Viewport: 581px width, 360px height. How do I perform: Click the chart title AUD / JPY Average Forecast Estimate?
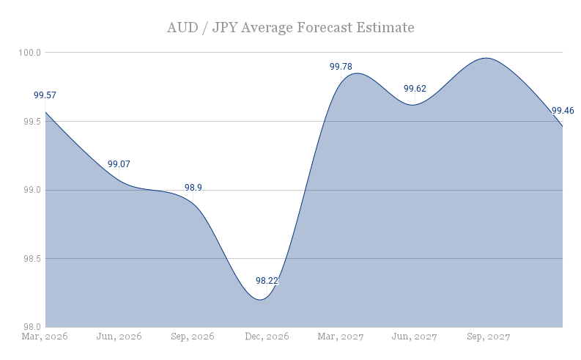[290, 28]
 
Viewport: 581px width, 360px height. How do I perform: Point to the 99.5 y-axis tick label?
[32, 122]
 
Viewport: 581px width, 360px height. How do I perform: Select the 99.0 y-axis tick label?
[32, 190]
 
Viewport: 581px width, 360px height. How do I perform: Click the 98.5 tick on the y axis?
[32, 259]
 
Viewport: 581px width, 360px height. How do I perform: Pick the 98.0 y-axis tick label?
[32, 327]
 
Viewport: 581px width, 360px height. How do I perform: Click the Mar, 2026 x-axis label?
[45, 337]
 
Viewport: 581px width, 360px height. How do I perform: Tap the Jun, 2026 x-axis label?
[119, 337]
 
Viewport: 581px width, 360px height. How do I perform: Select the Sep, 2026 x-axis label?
[193, 337]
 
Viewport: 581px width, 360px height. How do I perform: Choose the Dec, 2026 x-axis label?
[267, 337]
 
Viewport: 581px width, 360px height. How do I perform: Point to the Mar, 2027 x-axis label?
[341, 337]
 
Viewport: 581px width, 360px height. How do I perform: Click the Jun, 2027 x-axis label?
[415, 337]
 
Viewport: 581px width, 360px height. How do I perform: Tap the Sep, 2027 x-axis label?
[489, 337]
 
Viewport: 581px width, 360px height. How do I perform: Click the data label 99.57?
[45, 95]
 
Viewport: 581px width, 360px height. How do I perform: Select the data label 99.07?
[119, 164]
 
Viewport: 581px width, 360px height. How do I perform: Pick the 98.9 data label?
[193, 188]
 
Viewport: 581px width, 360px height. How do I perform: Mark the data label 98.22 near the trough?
[267, 281]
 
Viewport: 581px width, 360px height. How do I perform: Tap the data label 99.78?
[341, 67]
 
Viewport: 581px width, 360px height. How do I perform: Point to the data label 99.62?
[415, 89]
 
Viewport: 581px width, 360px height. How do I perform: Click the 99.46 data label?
[563, 111]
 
